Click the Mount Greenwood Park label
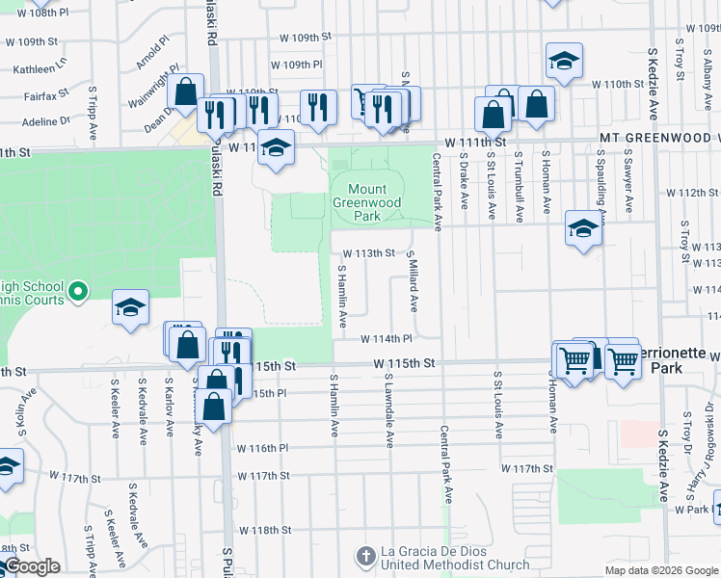pos(366,203)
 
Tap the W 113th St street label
pos(370,253)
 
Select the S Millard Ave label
pos(412,280)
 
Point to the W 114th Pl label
pos(387,339)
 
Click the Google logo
pos(31,567)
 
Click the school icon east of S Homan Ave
pos(583,229)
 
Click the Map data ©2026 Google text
pos(661,570)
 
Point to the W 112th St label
pos(699,193)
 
